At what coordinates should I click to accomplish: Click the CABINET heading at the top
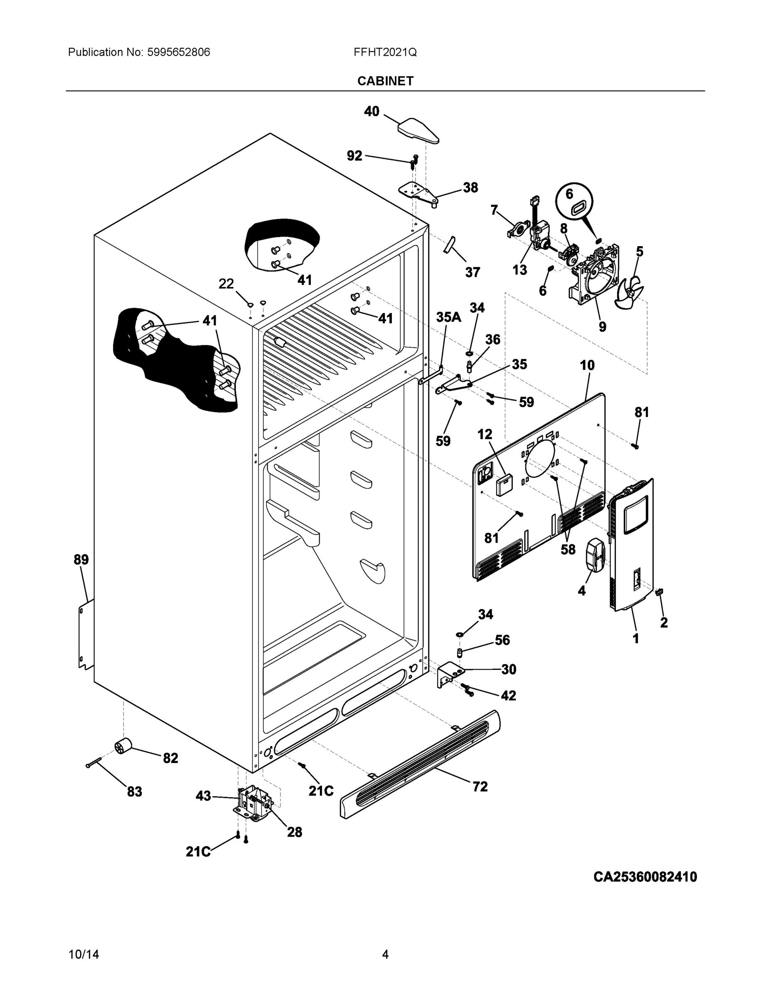coord(385,81)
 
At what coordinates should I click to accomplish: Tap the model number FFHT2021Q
coord(384,52)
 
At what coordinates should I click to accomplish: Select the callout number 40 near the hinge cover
coord(371,111)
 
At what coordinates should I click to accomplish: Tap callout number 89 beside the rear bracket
coord(81,559)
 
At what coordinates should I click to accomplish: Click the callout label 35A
coord(448,317)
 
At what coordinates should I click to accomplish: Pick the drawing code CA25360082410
coord(645,877)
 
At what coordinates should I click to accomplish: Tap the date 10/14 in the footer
coord(84,954)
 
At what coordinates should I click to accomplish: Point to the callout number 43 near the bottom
coord(203,795)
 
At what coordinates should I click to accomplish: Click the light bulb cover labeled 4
coord(594,554)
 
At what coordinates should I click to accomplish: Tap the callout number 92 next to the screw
coord(355,156)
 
